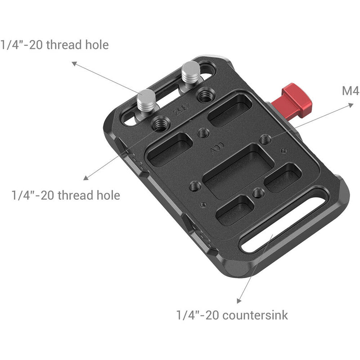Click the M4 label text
[350, 91]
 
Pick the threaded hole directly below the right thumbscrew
[207, 95]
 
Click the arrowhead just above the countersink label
[237, 301]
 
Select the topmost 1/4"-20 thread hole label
[54, 45]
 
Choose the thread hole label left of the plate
[66, 195]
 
